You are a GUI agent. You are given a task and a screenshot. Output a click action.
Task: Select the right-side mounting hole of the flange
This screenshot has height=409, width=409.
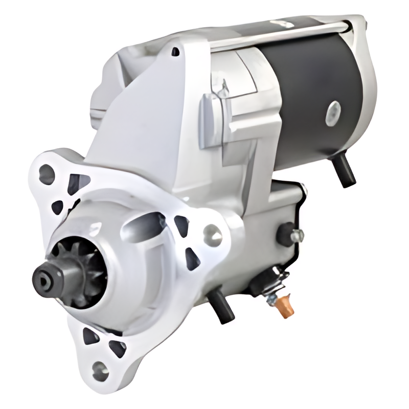point(213,236)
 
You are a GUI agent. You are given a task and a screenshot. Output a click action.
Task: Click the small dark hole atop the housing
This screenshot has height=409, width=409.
point(175,52)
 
